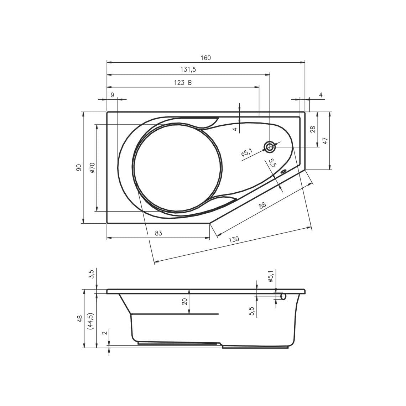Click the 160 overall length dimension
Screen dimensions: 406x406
pos(205,58)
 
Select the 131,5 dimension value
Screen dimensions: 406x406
pos(188,69)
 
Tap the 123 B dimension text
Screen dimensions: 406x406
pos(183,83)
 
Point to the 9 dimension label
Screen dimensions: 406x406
pos(112,95)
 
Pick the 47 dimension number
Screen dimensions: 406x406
pos(325,141)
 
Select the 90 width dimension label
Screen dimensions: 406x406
pos(79,167)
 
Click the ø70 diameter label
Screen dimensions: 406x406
pos(93,167)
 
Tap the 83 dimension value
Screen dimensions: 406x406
pos(158,233)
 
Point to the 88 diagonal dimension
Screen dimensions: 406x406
pos(262,205)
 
